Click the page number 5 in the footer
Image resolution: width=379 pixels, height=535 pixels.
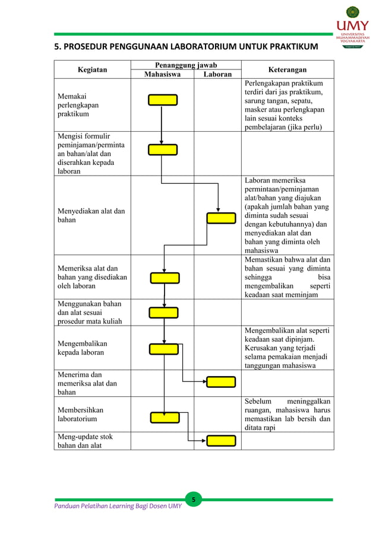coord(192,500)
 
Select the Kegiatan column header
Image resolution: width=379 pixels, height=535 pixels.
coord(92,69)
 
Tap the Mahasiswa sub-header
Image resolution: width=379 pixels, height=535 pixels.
coord(162,74)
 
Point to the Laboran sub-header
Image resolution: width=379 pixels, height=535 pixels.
coord(217,74)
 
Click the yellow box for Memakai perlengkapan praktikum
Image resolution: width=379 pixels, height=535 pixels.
coord(163,100)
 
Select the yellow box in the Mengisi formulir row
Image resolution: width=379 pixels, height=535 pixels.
coord(163,149)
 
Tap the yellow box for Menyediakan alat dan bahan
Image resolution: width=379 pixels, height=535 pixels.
coord(221,218)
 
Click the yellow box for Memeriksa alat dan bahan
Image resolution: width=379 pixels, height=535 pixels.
coord(165,278)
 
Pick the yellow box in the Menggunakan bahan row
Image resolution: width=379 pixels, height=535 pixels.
coord(163,313)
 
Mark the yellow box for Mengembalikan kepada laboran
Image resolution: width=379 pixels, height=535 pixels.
coord(164,349)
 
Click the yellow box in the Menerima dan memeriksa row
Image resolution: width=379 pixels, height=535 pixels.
coord(220,381)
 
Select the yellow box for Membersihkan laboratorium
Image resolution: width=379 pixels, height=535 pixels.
coord(165,417)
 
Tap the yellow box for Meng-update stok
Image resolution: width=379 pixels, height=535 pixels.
coord(220,440)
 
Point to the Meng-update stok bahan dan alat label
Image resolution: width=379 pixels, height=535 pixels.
coord(84,441)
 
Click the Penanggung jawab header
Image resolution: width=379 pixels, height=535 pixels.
coord(186,65)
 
